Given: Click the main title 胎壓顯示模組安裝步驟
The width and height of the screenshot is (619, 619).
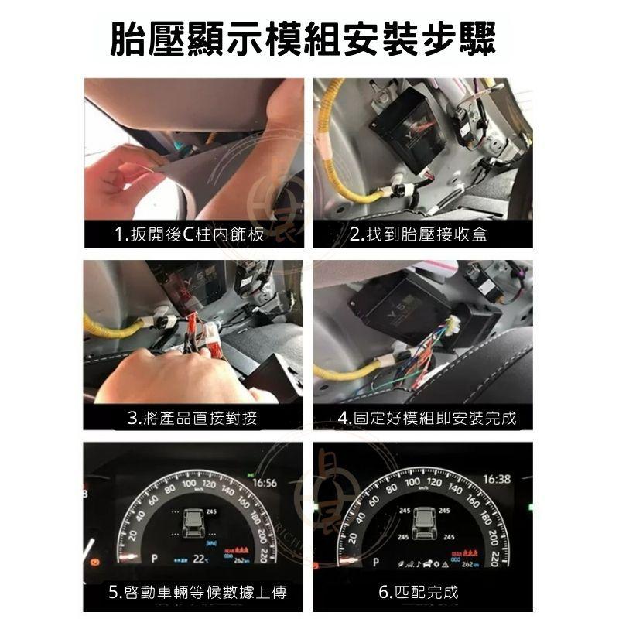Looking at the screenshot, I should coord(309,37).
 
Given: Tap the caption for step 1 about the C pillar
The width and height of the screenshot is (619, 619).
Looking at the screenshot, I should coord(190,234).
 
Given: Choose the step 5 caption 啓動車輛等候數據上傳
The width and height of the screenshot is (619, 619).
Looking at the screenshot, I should coord(197,593).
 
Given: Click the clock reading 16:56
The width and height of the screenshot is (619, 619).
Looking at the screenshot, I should coord(264,483).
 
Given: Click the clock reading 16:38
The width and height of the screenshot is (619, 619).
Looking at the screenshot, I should coord(496,480).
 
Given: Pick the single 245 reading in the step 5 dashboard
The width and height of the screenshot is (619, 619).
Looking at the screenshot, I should coord(210,512).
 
